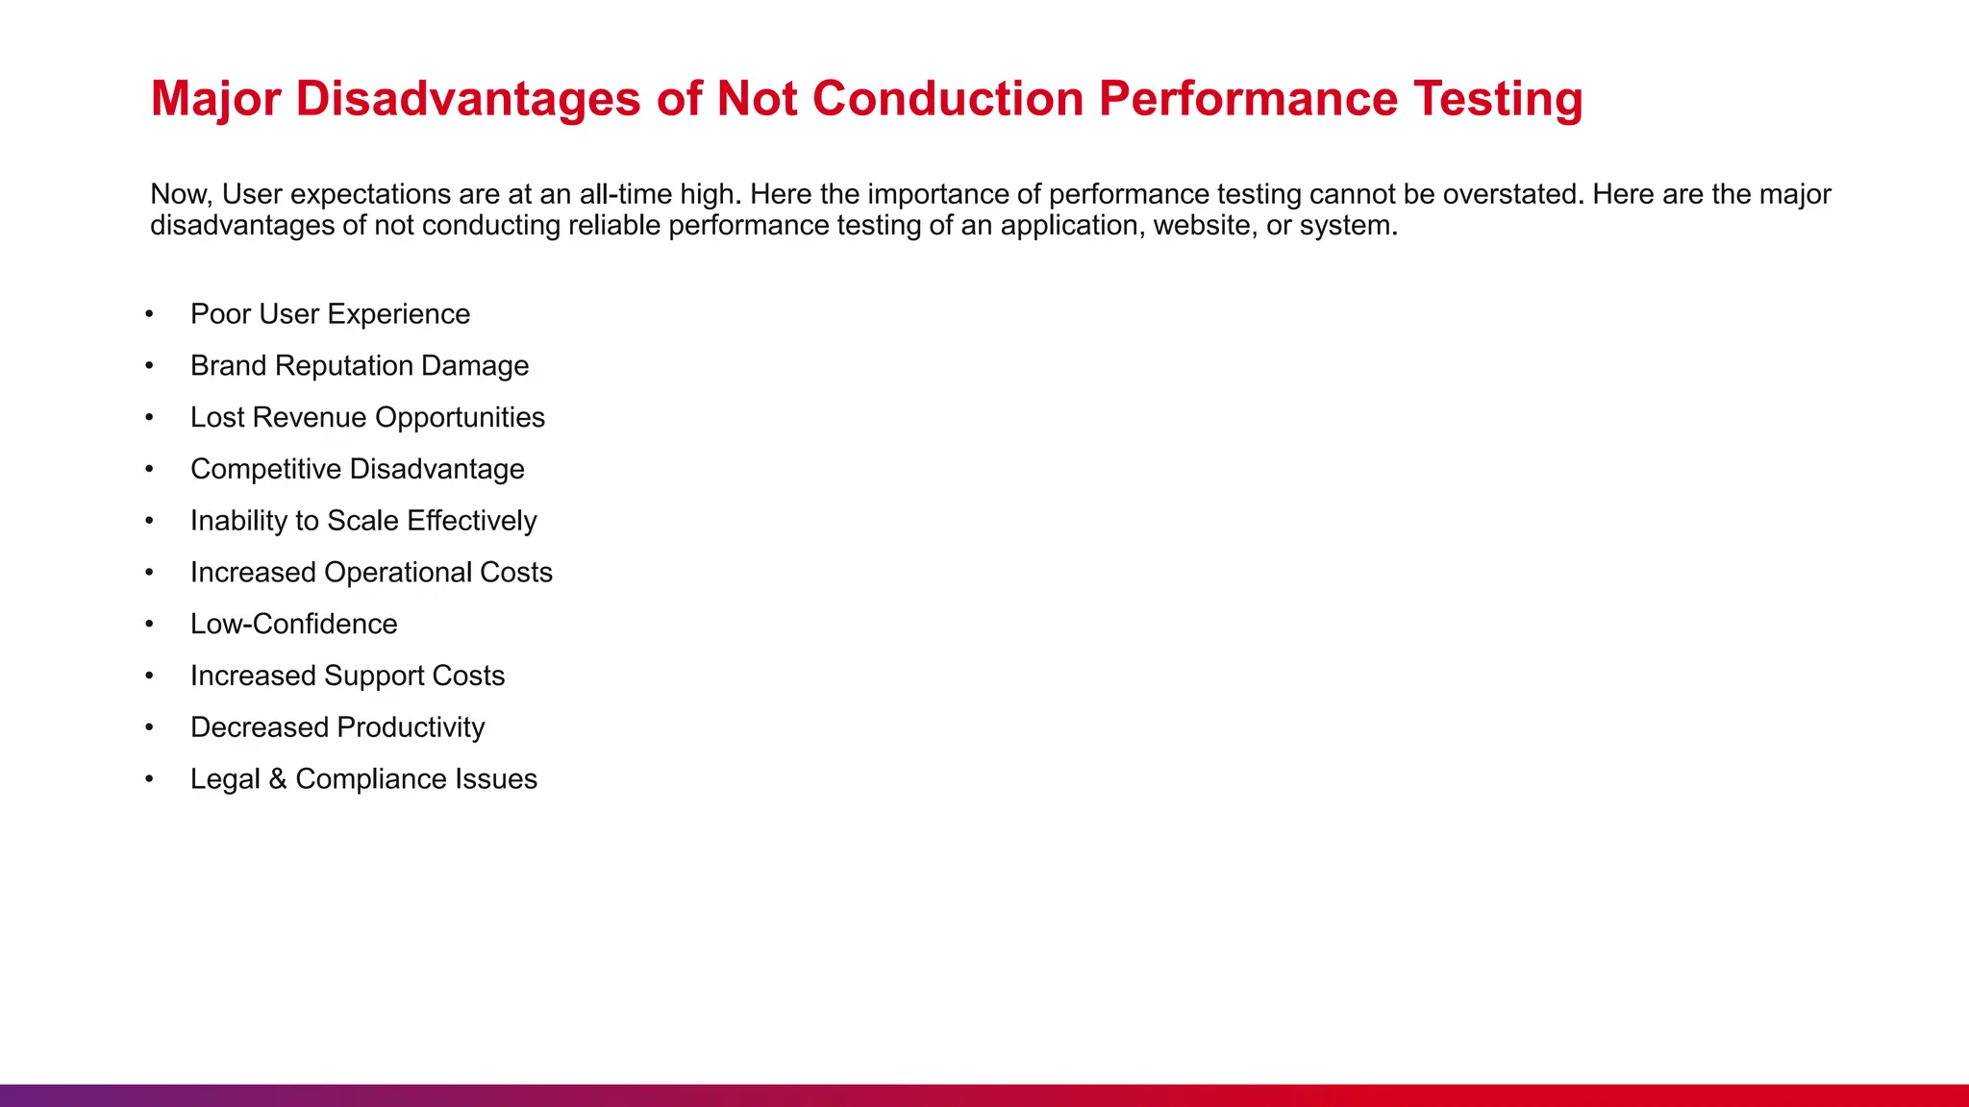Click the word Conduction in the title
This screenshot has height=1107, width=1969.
pos(948,99)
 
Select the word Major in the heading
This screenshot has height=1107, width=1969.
pos(215,99)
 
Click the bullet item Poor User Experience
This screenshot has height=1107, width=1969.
pos(330,314)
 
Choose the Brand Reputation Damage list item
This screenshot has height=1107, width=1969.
pos(360,366)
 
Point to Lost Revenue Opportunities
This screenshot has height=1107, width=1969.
pos(367,418)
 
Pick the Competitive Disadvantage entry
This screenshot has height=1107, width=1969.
pos(358,469)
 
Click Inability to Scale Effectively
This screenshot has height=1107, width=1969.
pos(363,521)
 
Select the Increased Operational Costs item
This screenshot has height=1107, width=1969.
pos(371,573)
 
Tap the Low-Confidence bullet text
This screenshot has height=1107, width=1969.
pos(293,625)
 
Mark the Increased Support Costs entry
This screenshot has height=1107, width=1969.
pos(347,676)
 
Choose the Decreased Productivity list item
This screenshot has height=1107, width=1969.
pos(337,727)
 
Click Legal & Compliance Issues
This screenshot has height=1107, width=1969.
pos(363,779)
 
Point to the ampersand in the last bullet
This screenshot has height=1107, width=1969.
pos(278,779)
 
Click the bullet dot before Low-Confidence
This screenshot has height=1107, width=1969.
pos(149,625)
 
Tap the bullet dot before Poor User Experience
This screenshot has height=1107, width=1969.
pos(149,314)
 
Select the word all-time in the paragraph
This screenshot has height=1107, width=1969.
pos(625,194)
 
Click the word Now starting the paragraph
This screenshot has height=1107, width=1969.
pos(179,194)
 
